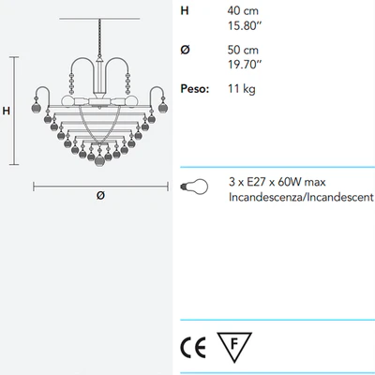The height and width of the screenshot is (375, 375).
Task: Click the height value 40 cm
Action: pos(243,11)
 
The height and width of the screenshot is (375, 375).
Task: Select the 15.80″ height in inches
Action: pos(244,25)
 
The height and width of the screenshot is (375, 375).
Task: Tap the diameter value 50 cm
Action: pos(243,50)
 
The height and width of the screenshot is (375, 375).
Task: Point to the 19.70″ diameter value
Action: pos(245,65)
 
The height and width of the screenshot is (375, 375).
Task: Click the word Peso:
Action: pos(195,89)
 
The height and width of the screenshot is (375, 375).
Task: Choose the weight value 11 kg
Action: pos(242,89)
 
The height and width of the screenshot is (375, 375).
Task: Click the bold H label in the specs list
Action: pos(185,10)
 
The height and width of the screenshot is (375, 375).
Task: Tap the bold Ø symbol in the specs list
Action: pos(185,50)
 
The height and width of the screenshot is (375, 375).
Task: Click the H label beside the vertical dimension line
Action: pos(7,111)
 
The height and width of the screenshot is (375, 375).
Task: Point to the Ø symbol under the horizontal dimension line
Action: pos(100,196)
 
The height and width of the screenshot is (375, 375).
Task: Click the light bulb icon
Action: pos(194,187)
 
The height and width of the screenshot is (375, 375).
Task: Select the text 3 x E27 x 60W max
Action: pos(277,182)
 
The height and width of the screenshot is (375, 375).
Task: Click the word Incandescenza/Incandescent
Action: pos(301,197)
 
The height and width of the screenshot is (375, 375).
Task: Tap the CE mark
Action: pos(193,348)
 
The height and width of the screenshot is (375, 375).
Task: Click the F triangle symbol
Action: pos(234,345)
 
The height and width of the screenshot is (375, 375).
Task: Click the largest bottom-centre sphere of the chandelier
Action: pos(99,160)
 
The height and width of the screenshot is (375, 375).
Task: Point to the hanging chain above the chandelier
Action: pos(99,37)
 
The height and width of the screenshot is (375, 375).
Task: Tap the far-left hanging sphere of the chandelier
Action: pos(37,108)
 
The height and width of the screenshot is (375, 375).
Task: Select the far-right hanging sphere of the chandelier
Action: pos(163,108)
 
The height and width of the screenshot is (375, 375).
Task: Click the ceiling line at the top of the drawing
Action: pos(99,19)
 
